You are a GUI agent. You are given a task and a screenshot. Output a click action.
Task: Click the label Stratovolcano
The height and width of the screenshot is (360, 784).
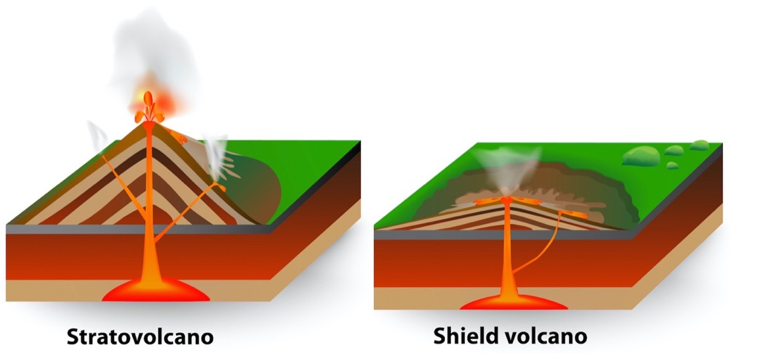[140, 337]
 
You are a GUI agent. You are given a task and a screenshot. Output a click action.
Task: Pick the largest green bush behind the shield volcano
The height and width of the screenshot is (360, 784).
[641, 156]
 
